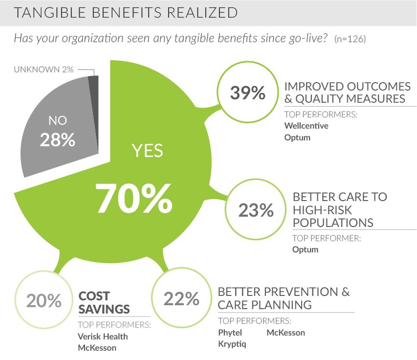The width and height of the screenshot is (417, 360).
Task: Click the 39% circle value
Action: click(x=247, y=92)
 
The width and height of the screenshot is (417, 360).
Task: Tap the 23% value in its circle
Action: click(x=256, y=210)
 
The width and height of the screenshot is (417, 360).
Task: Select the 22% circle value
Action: click(x=181, y=298)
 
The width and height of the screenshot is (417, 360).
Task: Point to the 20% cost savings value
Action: click(x=44, y=301)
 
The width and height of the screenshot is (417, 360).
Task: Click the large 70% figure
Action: click(x=134, y=198)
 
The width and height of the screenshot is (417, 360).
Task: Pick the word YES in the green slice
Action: click(x=147, y=151)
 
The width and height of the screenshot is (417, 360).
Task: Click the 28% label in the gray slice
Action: click(x=58, y=140)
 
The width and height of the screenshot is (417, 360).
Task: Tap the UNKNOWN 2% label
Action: click(x=44, y=69)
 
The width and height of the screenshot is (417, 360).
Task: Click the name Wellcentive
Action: click(x=307, y=126)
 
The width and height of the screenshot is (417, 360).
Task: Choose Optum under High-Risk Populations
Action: click(x=306, y=249)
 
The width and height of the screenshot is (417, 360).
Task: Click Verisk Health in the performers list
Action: click(x=103, y=337)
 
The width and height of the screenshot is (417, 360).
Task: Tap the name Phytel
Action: click(x=230, y=333)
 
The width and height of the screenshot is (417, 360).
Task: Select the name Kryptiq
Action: click(x=232, y=344)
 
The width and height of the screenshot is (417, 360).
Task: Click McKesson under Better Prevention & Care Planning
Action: click(x=286, y=333)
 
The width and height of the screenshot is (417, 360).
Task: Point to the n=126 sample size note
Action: click(x=350, y=39)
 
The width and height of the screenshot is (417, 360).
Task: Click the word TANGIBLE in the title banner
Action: click(x=50, y=13)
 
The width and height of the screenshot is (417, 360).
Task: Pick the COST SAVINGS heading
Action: click(x=104, y=303)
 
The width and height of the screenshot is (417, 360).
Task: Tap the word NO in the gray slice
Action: click(x=58, y=120)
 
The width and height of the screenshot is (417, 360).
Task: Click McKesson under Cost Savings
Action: click(x=97, y=348)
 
